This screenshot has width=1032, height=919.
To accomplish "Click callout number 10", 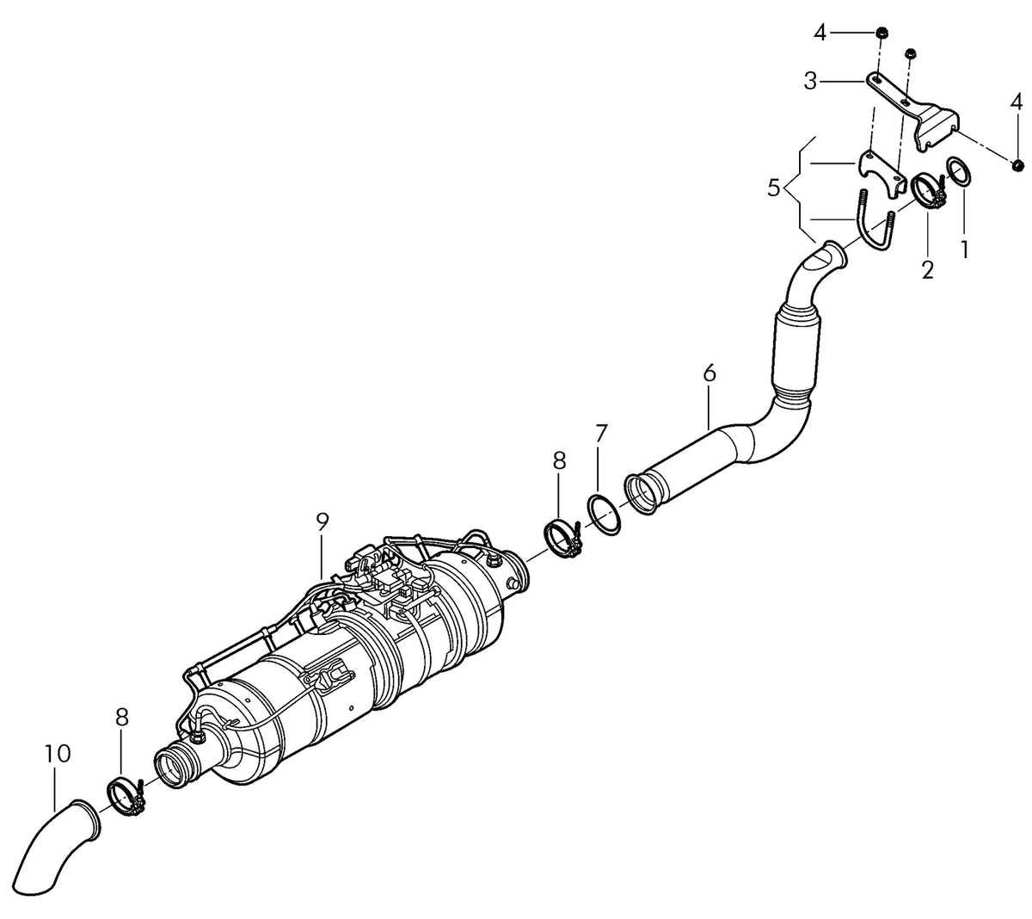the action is [x=57, y=754].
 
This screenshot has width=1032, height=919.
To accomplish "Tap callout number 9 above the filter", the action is [x=322, y=521].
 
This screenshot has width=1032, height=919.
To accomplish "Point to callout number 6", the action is [x=709, y=373].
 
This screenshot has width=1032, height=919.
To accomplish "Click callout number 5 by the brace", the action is [x=773, y=189].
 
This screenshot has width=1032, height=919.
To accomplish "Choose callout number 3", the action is [x=810, y=81].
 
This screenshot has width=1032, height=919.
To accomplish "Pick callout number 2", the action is [x=927, y=269].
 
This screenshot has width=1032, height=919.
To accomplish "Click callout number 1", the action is [x=964, y=250].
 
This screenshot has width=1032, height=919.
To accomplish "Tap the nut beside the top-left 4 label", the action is [x=881, y=34].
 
